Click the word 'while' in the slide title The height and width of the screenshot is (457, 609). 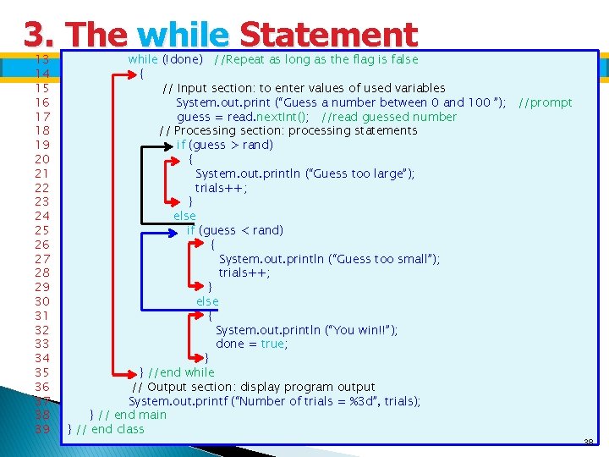(182, 36)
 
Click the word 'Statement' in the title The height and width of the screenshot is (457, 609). (328, 36)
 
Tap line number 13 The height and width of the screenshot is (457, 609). (41, 59)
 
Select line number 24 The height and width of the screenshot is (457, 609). (41, 216)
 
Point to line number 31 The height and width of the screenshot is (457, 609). (41, 316)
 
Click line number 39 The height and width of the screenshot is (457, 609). (41, 429)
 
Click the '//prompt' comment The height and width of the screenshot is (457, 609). (545, 102)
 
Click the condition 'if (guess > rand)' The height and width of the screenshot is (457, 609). (225, 145)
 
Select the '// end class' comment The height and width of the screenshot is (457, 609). (110, 429)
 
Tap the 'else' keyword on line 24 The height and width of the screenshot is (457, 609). (184, 216)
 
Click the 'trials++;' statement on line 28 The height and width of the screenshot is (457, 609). (244, 273)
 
